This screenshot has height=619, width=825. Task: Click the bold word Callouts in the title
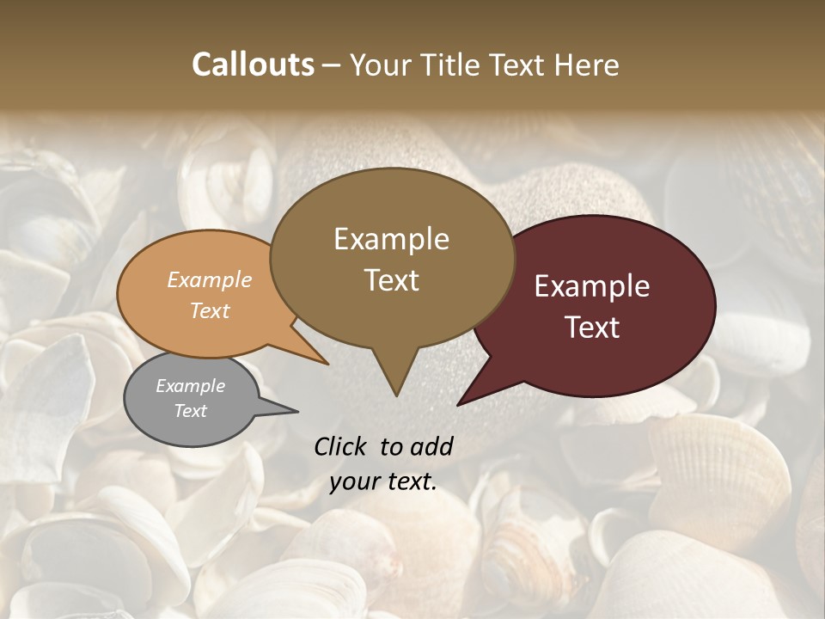click(x=253, y=64)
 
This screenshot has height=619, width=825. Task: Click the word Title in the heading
click(x=455, y=65)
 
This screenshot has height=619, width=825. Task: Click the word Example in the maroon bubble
click(x=592, y=286)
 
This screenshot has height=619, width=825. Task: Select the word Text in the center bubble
click(x=392, y=280)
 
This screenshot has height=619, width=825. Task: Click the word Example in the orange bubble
click(x=209, y=280)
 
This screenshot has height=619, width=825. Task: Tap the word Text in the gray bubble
click(x=191, y=411)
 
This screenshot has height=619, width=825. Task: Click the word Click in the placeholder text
click(x=341, y=446)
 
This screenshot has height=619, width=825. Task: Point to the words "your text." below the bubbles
click(x=383, y=481)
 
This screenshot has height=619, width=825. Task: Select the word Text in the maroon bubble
click(x=593, y=328)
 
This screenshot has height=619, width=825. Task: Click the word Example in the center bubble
click(x=392, y=239)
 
